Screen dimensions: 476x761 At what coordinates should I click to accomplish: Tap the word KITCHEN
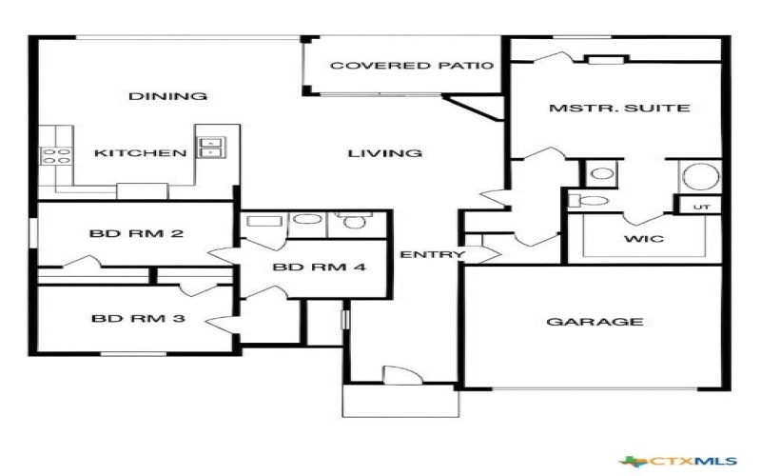(x=139, y=153)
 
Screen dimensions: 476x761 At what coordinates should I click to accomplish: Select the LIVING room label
(x=384, y=153)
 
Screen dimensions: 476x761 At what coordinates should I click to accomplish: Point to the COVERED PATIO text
(x=400, y=67)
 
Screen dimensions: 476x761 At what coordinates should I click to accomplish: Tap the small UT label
(x=702, y=206)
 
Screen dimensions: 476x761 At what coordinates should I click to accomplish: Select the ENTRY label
(x=432, y=254)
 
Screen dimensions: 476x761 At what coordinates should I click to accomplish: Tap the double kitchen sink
(x=210, y=147)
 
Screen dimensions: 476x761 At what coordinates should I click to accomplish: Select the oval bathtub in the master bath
(x=699, y=178)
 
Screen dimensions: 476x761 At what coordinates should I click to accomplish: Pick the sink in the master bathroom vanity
(x=601, y=174)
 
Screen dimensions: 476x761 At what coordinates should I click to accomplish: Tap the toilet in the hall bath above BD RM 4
(x=354, y=223)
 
